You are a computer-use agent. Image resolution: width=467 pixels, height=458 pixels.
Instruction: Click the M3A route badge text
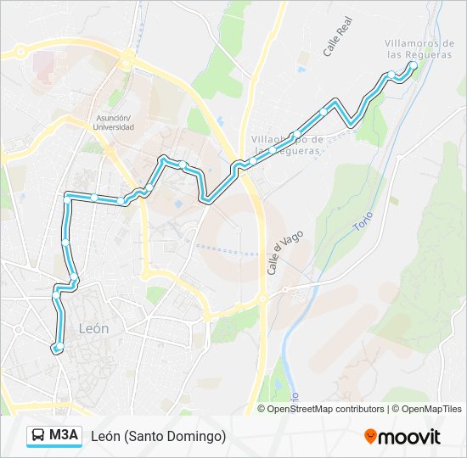pos(64,436)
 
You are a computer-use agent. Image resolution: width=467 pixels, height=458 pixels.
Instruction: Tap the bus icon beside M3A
pos(39,436)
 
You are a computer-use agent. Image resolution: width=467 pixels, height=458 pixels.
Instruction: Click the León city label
pos(93,327)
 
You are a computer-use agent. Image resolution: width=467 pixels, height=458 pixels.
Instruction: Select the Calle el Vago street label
pos(274,254)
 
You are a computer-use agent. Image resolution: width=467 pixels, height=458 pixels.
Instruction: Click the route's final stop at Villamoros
pos(413,65)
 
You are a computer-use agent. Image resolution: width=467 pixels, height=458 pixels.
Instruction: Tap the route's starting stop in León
pos(58,348)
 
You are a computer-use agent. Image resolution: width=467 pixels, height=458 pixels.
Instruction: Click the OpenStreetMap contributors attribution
pos(326,409)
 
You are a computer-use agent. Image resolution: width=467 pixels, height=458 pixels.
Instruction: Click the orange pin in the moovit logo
pos(371,437)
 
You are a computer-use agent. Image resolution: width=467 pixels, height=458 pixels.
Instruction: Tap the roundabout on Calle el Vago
pos(262,299)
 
